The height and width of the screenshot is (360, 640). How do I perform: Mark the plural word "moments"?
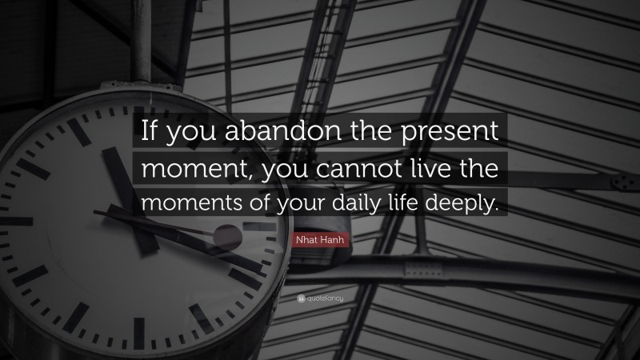pyautogui.click(x=186, y=203)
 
